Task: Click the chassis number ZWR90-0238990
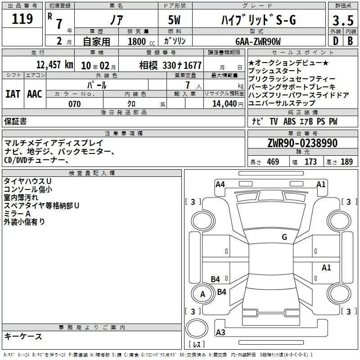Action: click(302, 143)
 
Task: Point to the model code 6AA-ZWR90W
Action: click(258, 41)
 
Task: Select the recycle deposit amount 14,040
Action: click(227, 103)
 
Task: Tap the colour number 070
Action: click(75, 104)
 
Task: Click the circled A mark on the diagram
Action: click(202, 294)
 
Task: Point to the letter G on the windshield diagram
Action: click(284, 237)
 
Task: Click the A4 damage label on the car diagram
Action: click(220, 184)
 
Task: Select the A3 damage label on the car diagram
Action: click(220, 333)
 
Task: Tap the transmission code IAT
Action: click(13, 94)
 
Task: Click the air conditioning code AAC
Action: click(34, 94)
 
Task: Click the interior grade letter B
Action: click(350, 41)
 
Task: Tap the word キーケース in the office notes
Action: click(23, 336)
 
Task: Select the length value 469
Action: click(272, 162)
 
